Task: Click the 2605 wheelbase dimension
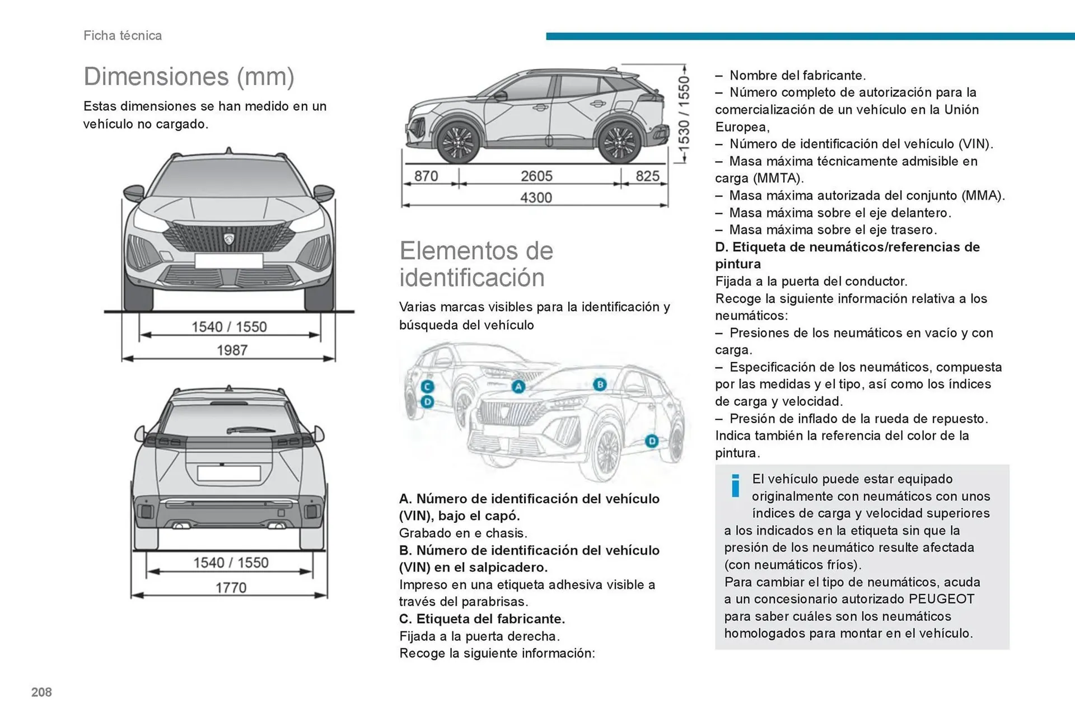click(536, 176)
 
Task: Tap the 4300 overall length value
click(536, 198)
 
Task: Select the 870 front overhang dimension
click(426, 176)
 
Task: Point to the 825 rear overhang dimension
click(647, 176)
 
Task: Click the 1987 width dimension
click(232, 350)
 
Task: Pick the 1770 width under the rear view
click(231, 588)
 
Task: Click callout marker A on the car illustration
click(518, 387)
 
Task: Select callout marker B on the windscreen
click(600, 385)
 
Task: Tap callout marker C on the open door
click(427, 387)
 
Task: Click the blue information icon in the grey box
click(735, 485)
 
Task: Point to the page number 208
click(41, 692)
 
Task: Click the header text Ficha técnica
click(123, 35)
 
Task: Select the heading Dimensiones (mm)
click(189, 77)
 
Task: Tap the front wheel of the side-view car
click(458, 142)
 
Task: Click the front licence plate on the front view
click(228, 261)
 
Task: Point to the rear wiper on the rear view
click(250, 430)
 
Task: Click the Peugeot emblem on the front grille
click(229, 238)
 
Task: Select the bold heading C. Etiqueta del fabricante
click(482, 619)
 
